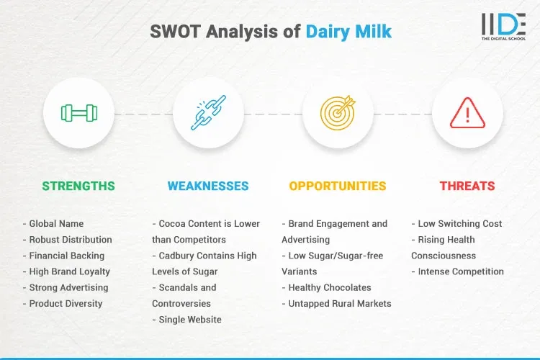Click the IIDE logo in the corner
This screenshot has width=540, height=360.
tap(503, 27)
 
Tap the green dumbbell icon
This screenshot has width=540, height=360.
tap(78, 113)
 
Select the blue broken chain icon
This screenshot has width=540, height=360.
tap(208, 113)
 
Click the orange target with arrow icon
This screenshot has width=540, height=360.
tap(338, 113)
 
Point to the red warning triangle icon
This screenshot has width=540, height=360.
tap(467, 113)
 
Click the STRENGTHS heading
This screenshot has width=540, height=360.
tap(78, 186)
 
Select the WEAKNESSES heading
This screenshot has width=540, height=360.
tap(208, 186)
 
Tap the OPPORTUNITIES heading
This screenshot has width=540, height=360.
tap(338, 186)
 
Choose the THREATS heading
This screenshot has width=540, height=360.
tap(467, 186)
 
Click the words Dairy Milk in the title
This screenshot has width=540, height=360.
tap(348, 32)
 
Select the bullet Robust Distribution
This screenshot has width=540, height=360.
tap(68, 240)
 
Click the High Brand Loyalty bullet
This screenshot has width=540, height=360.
tap(68, 271)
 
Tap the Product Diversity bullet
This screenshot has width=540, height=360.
tap(63, 303)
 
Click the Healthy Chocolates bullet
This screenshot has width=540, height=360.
tap(327, 287)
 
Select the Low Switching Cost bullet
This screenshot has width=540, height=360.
tap(457, 224)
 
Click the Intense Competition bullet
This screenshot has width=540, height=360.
tap(458, 271)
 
